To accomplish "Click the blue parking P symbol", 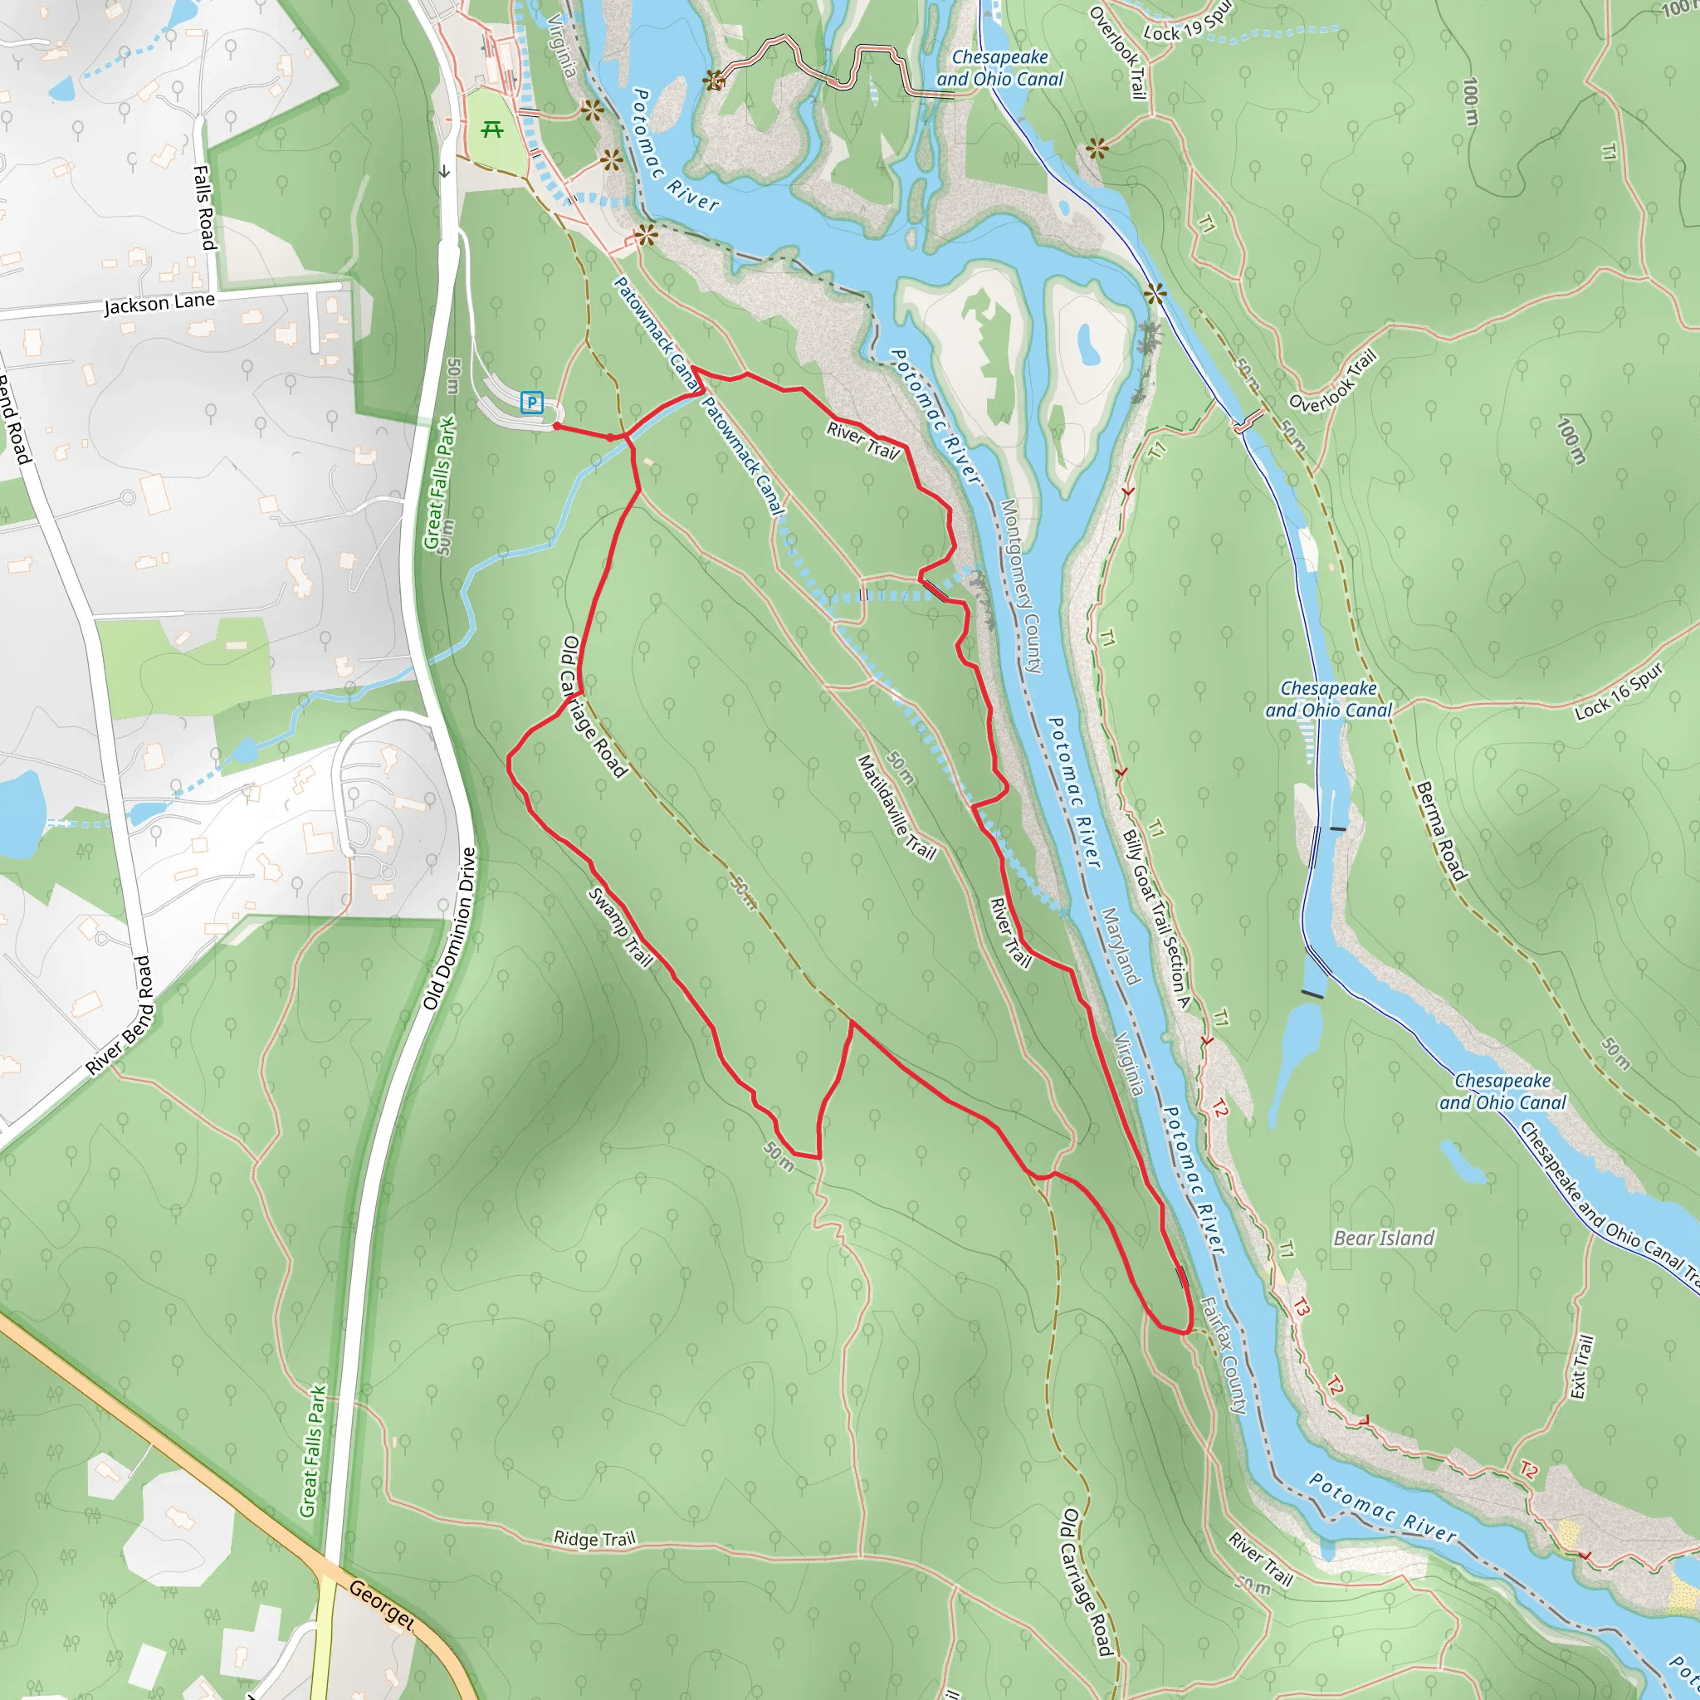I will [531, 402].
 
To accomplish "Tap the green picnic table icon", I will [492, 130].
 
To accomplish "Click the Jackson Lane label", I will [159, 304].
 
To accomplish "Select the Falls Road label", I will [205, 208].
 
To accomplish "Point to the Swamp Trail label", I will [620, 927].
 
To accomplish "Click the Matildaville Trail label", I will [896, 807].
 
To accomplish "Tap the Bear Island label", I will [1383, 1238].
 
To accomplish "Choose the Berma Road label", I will [1441, 832].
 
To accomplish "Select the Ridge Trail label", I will [594, 1538].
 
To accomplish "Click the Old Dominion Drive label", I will [450, 928].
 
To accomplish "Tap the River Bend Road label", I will [120, 1015].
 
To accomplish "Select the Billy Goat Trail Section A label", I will [1157, 919].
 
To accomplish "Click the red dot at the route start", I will [557, 426].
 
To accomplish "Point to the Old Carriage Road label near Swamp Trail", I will [593, 707].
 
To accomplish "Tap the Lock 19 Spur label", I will [1189, 23].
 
